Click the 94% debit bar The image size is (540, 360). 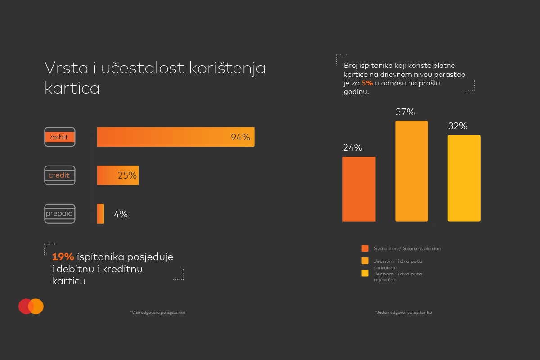(175, 137)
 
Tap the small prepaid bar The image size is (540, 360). (101, 214)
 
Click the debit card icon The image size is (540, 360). (60, 137)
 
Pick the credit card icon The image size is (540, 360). (60, 175)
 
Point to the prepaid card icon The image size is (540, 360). (60, 214)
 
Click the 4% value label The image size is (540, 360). (121, 215)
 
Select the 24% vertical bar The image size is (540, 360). (359, 189)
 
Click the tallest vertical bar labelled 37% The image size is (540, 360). (411, 171)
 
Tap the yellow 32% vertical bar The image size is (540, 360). (464, 178)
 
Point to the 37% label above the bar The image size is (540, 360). (405, 112)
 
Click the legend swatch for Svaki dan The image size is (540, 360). (364, 248)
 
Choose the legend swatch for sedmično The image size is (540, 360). (364, 261)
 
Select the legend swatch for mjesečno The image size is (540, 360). (364, 273)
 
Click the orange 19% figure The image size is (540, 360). (63, 257)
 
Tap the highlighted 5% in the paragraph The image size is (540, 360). (367, 83)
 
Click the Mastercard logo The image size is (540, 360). (31, 306)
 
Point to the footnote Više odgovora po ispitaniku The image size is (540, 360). (157, 312)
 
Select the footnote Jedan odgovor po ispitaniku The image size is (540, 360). (403, 312)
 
